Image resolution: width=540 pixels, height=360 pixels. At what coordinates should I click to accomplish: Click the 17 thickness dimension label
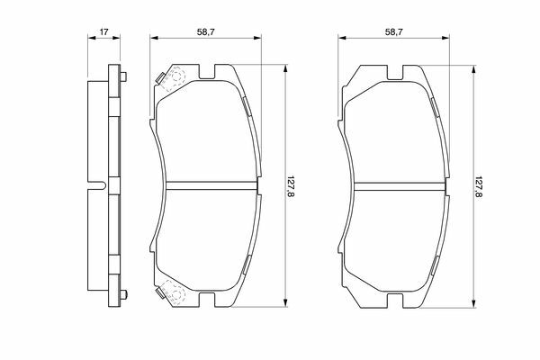[x=104, y=32]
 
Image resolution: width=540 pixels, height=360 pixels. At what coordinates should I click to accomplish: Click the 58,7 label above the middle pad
[x=206, y=32]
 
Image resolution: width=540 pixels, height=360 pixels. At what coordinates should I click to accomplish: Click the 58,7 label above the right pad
[x=394, y=32]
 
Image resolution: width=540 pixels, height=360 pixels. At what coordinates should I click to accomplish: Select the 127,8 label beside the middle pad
[x=291, y=186]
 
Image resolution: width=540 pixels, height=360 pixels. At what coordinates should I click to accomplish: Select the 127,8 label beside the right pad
[x=479, y=186]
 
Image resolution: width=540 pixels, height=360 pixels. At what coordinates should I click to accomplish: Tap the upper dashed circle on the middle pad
[x=177, y=76]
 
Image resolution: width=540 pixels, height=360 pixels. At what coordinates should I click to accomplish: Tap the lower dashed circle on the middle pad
[x=176, y=294]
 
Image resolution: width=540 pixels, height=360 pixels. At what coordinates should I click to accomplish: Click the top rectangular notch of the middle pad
[x=207, y=72]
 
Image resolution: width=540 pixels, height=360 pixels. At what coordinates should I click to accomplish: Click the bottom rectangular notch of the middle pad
[x=207, y=300]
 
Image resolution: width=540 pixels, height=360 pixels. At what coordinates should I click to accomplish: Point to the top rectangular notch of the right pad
[x=395, y=72]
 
